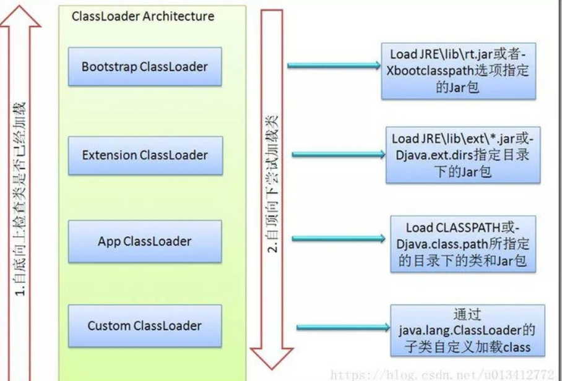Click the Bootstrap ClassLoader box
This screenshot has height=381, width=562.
pos(144,66)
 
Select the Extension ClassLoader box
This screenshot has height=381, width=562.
pos(144,155)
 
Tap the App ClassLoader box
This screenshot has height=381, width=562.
pos(144,241)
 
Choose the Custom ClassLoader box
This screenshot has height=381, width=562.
pos(144,325)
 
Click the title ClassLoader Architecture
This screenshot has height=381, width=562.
pos(143,16)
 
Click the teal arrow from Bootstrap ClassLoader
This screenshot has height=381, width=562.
pos(334,65)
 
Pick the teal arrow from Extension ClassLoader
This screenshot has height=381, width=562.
pos(337,153)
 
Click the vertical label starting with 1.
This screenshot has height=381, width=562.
pos(19,198)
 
